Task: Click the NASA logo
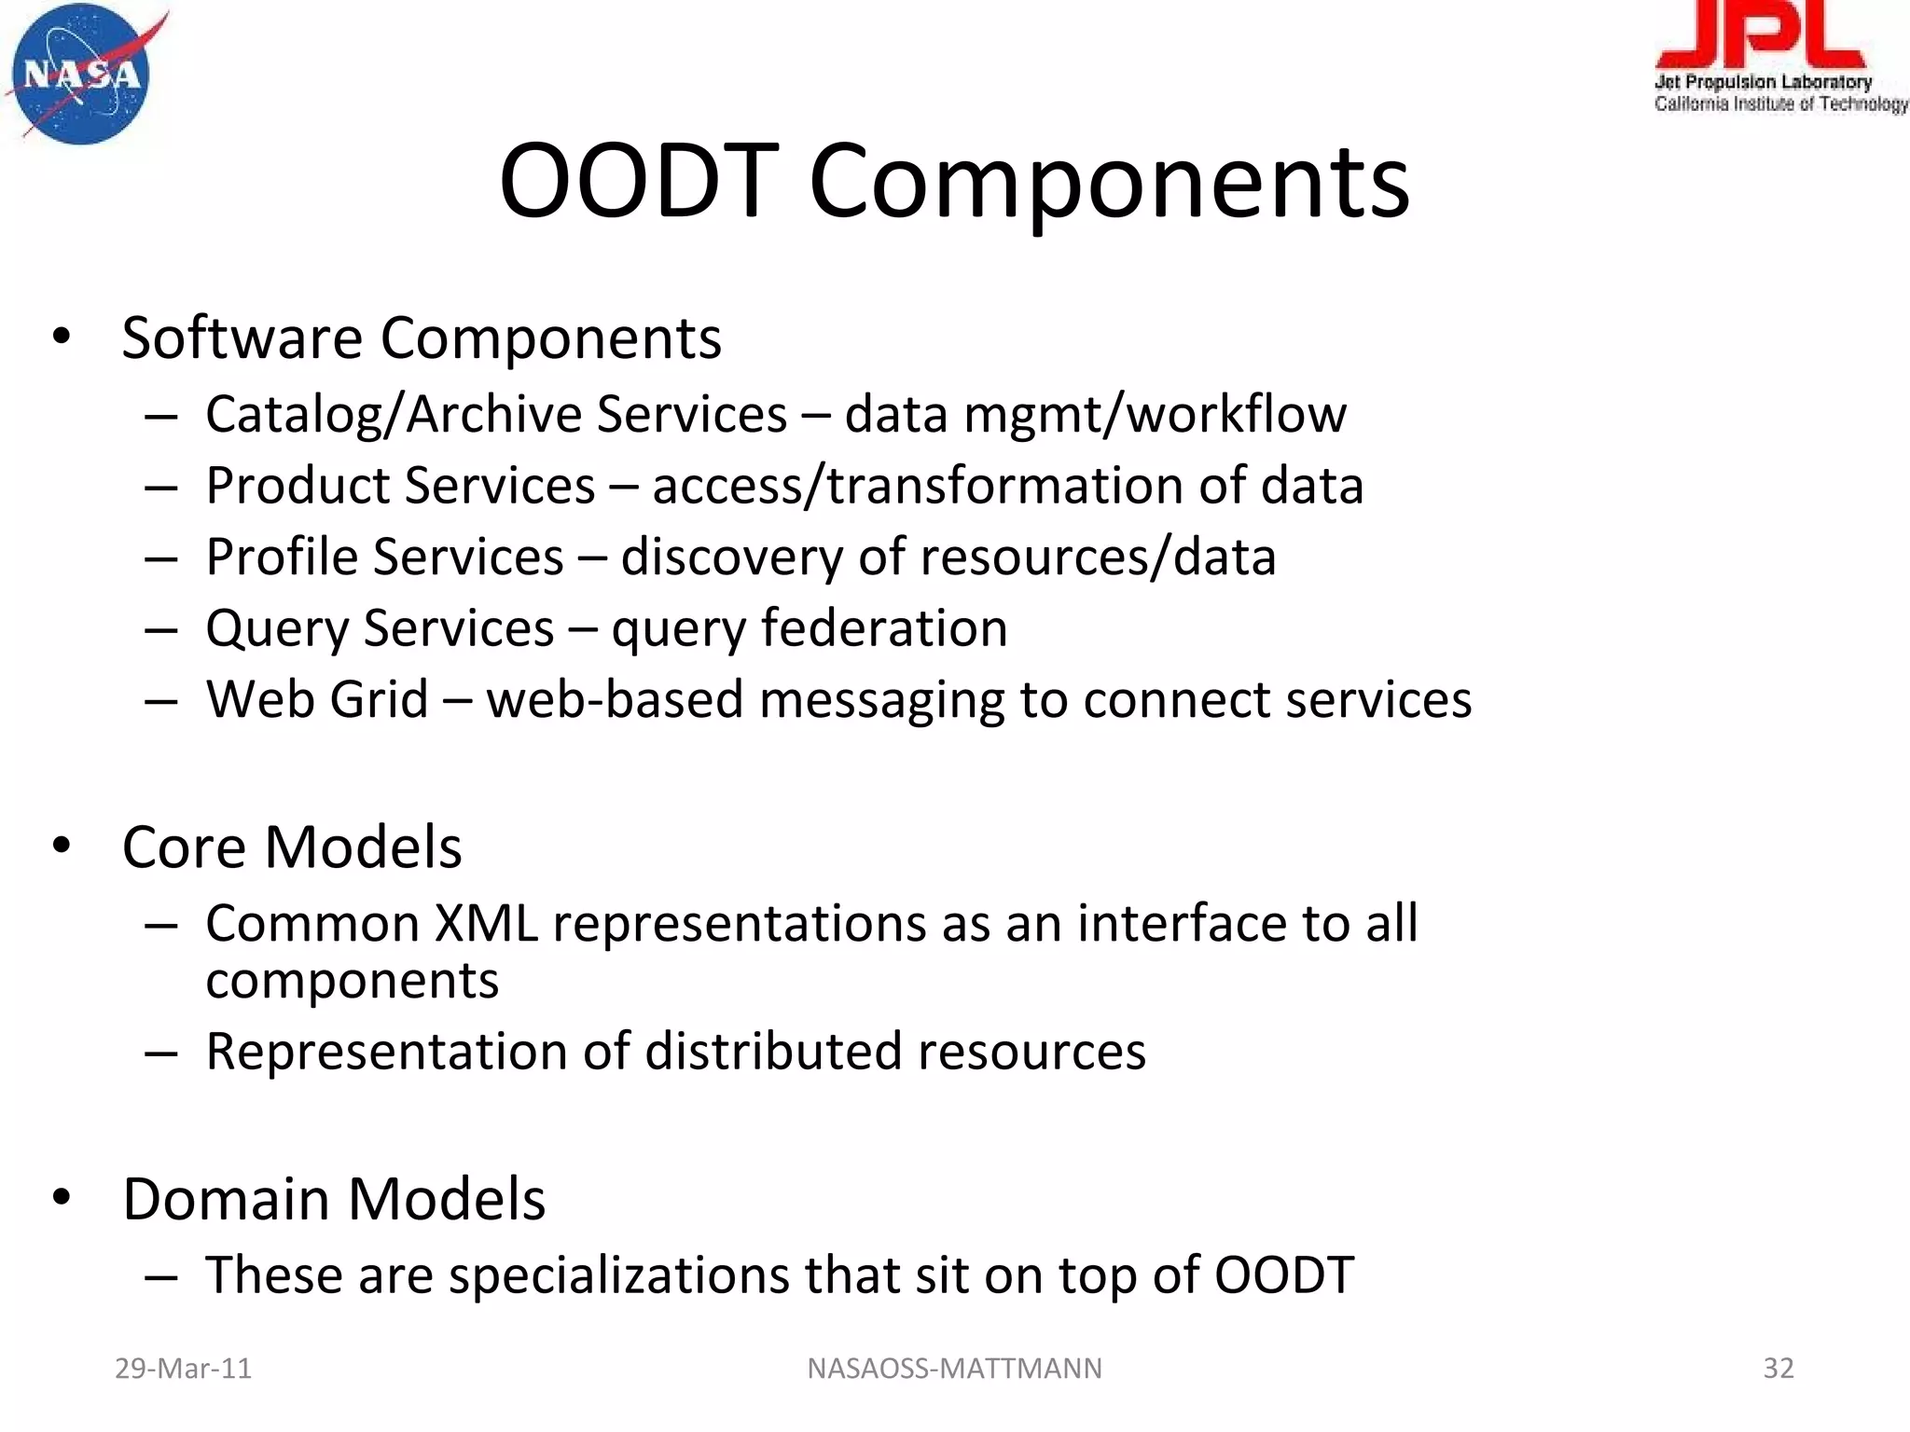coord(82,75)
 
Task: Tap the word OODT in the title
coord(638,182)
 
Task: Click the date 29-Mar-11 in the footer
coord(183,1368)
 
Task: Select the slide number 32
coord(1778,1368)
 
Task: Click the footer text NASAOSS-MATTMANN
coord(954,1368)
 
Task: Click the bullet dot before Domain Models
coord(62,1198)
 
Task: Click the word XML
coord(486,924)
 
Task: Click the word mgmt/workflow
coord(1155,415)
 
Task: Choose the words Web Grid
coord(316,699)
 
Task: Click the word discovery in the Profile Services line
coord(731,558)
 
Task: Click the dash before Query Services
coord(161,630)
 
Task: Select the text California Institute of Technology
coord(1779,104)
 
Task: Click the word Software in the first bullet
coord(242,337)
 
